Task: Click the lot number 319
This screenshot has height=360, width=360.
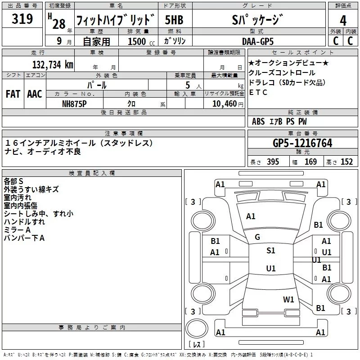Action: [22, 19]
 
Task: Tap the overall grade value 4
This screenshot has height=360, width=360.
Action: [343, 20]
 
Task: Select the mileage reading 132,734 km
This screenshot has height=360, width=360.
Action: [53, 64]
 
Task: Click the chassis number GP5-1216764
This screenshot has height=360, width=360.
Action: [303, 143]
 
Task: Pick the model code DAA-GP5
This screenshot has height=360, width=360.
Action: [258, 41]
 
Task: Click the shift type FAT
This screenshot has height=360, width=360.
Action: [13, 94]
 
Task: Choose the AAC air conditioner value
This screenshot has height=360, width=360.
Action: [35, 94]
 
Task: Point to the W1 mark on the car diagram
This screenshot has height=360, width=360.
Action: [288, 299]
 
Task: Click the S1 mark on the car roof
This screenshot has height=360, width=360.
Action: [270, 251]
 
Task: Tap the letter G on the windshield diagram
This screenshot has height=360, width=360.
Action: [257, 237]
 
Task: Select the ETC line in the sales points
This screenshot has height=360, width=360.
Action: [258, 93]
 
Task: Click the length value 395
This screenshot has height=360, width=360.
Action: [272, 162]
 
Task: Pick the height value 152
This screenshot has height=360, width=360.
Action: [346, 162]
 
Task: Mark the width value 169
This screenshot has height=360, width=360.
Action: [310, 162]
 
